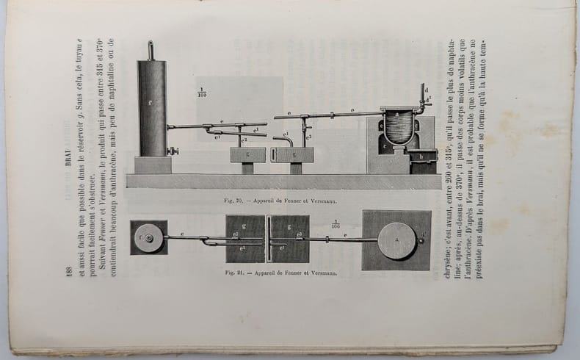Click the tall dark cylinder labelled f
pyautogui.click(x=151, y=109)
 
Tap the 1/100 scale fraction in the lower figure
pyautogui.click(x=336, y=225)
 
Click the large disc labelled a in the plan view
pyautogui.click(x=396, y=240)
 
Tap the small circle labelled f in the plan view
pyautogui.click(x=148, y=238)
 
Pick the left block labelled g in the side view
pyautogui.click(x=247, y=154)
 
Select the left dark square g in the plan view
pyautogui.click(x=245, y=239)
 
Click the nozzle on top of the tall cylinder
pyautogui.click(x=151, y=51)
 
